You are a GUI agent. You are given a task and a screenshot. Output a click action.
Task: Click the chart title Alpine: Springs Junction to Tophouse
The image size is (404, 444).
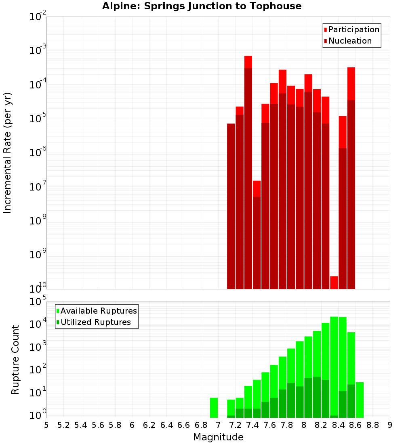[202, 6]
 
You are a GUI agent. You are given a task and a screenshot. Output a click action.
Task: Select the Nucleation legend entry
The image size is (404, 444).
[349, 41]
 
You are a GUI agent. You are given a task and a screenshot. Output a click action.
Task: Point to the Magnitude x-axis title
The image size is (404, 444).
[218, 437]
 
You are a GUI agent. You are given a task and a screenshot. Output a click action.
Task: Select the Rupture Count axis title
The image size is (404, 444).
[15, 360]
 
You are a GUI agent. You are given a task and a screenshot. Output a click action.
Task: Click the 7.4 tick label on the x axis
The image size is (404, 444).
[253, 425]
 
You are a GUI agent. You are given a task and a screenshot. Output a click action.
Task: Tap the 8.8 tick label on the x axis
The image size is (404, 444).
[372, 425]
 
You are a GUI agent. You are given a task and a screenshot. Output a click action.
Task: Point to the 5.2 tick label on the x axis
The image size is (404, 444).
[63, 425]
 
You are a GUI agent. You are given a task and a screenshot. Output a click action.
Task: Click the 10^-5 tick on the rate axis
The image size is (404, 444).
[38, 119]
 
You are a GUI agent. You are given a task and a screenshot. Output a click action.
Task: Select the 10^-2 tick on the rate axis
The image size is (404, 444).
[38, 17]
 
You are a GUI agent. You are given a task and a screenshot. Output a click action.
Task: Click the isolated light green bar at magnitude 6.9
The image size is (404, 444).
[214, 408]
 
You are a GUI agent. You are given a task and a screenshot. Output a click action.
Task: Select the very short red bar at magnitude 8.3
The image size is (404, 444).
[334, 282]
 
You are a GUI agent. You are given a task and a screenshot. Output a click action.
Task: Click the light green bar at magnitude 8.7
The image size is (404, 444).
[360, 400]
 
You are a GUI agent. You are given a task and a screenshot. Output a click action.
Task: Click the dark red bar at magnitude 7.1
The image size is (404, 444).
[231, 206]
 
